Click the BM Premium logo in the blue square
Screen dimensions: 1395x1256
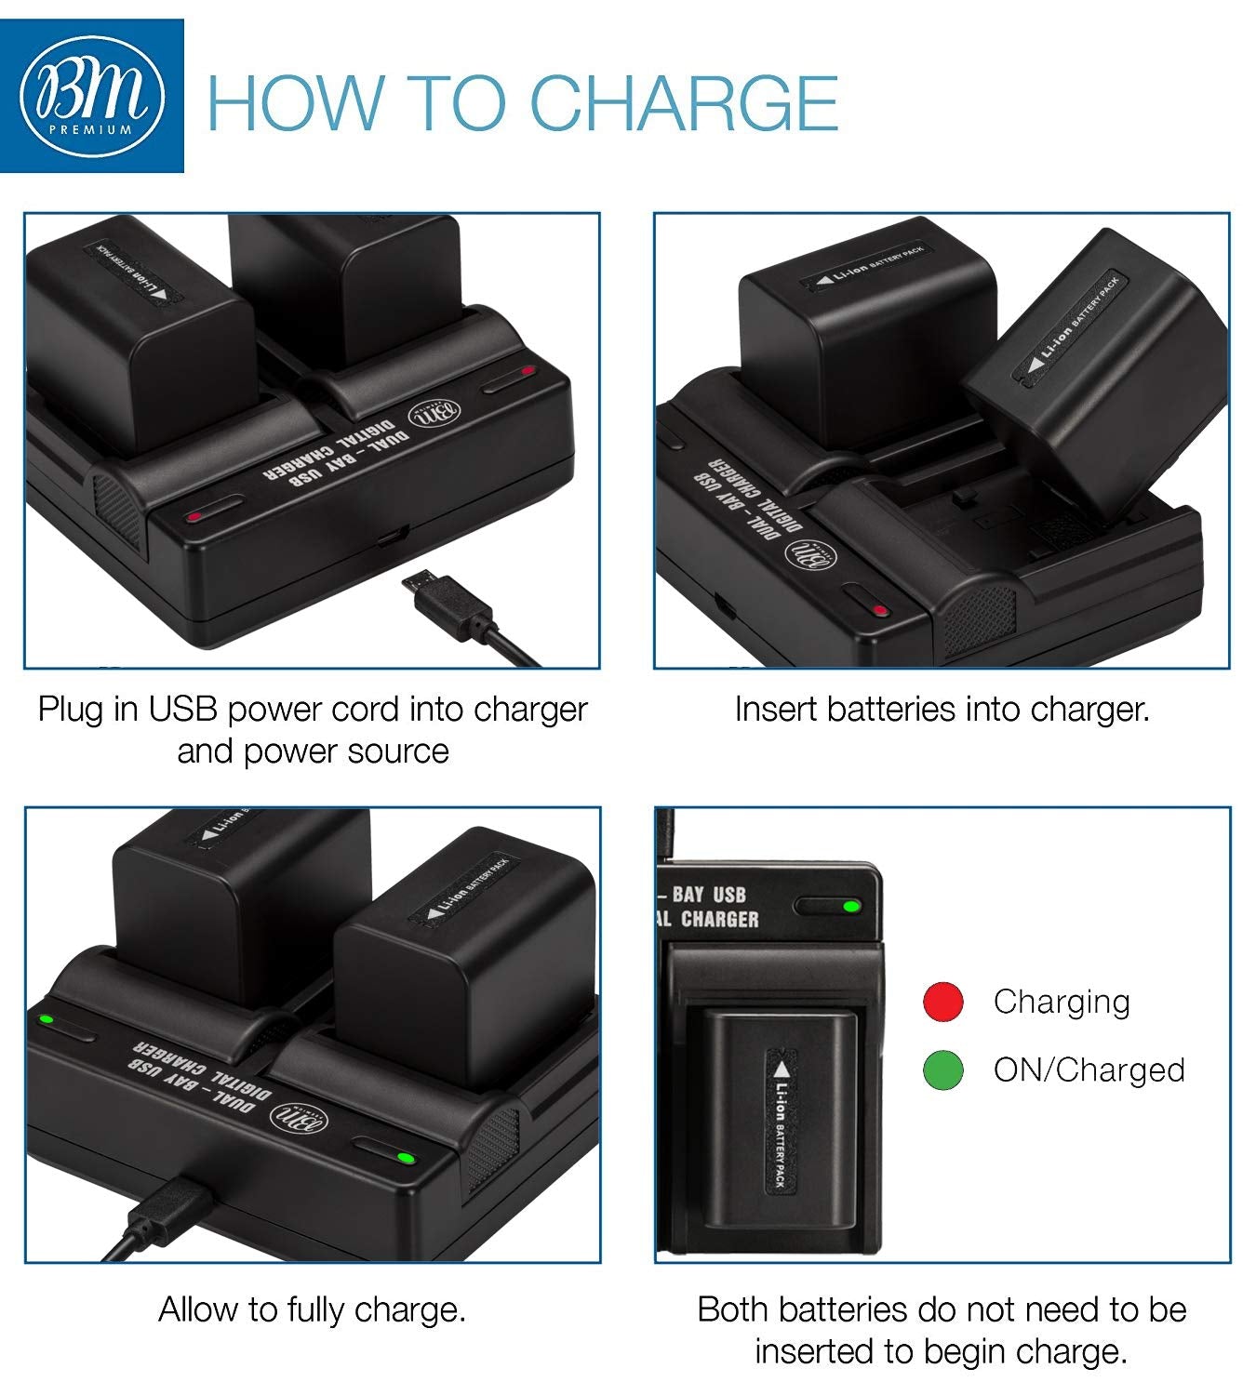click(x=91, y=96)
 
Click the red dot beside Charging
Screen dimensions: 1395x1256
click(x=942, y=1002)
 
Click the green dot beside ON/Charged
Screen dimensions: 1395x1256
click(x=942, y=1070)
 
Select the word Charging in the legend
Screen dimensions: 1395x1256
click(x=1061, y=1002)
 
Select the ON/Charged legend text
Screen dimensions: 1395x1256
click(x=1089, y=1070)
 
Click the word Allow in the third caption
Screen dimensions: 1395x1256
click(x=198, y=1309)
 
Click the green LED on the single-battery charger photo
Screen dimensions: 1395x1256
click(x=849, y=906)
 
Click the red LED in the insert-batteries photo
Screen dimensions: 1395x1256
click(x=879, y=610)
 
